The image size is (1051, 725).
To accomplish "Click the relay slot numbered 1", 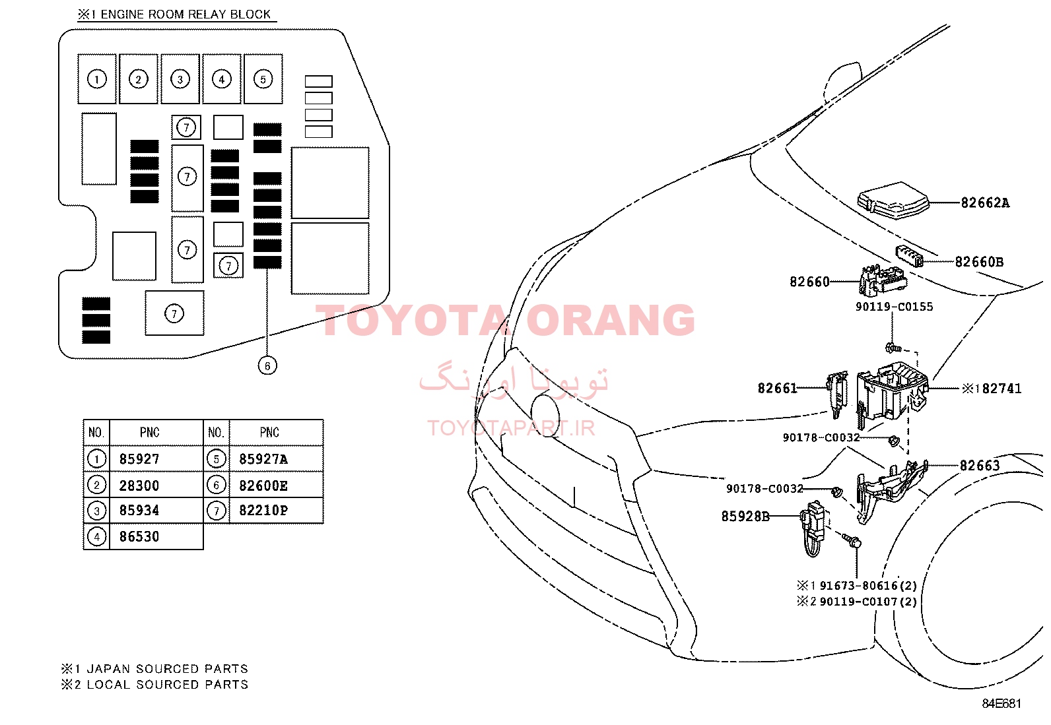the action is coord(97,79).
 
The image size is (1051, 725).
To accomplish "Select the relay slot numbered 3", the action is coord(180,79).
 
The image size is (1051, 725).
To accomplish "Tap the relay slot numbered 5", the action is coord(263,79).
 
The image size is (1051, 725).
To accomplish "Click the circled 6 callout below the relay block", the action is coord(267,365).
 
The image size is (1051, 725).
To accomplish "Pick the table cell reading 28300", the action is coord(139,486).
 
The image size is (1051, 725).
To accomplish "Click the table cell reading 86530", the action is coord(139,536).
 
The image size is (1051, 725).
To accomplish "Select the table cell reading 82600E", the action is coord(263,486).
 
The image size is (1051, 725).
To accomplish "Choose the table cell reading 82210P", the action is coord(263,510).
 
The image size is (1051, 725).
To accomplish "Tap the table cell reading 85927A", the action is coord(263,459).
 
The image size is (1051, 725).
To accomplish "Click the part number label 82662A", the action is coord(985,203).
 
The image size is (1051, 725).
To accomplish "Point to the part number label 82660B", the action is coord(979,262).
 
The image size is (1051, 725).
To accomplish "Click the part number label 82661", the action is coord(777,389).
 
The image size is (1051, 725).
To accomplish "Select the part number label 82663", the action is coord(980,466).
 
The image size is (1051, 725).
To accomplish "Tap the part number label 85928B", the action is coord(745,517).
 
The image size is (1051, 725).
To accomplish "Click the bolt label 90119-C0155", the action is coord(895,307).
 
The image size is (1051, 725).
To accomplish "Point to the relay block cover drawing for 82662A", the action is coord(893,201).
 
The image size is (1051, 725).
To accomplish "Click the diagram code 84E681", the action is coord(1001,703).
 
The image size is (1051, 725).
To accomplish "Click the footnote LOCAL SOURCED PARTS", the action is coord(168,685).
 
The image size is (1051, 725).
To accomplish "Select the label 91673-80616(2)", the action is coord(868,586).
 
